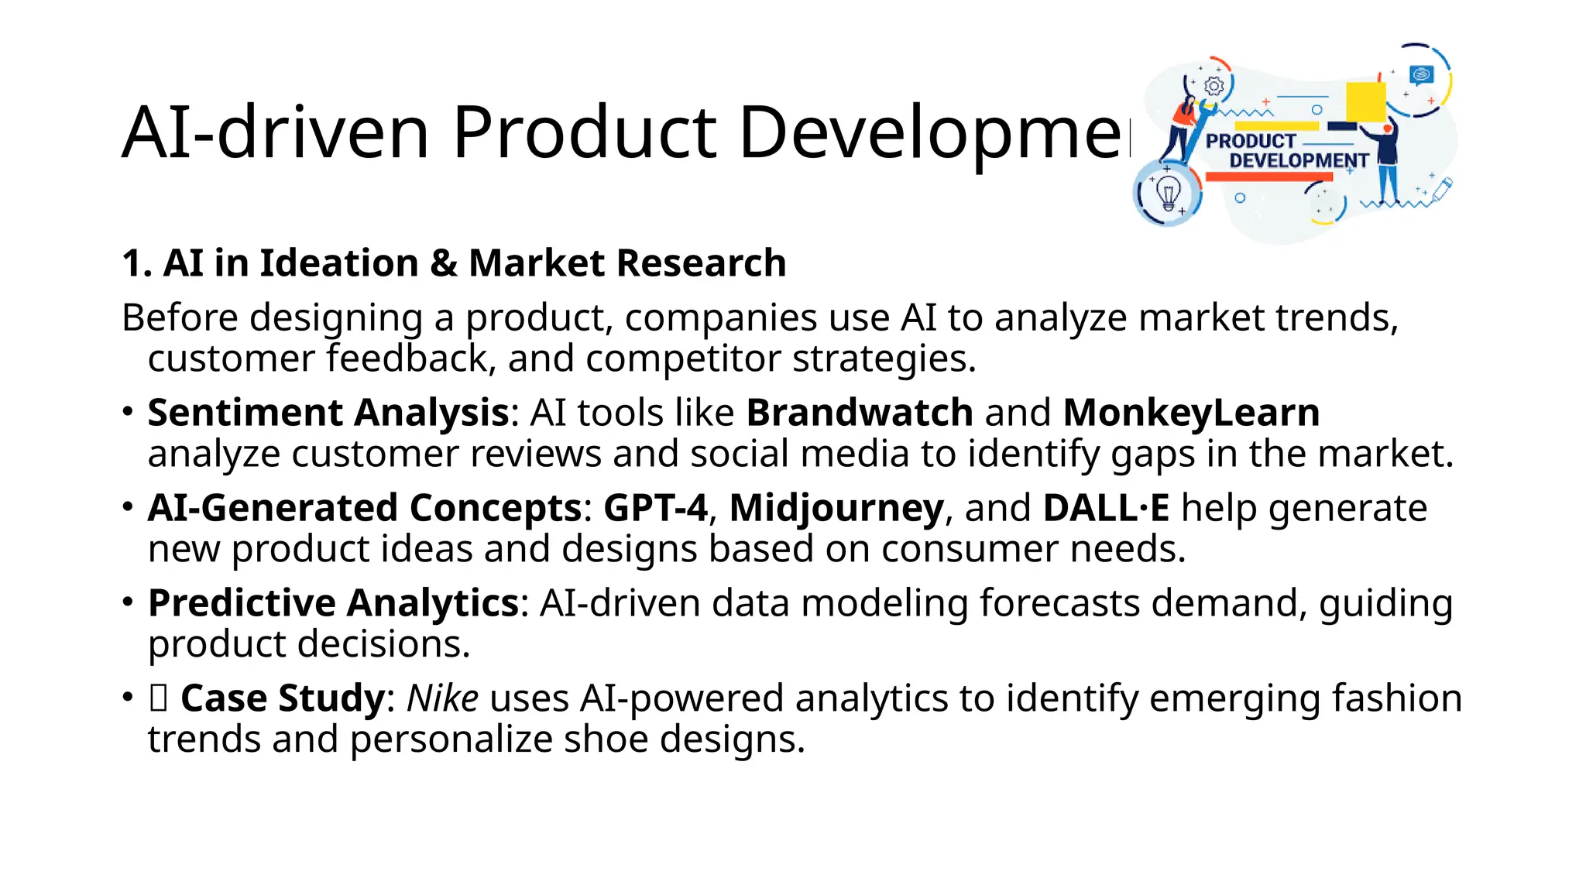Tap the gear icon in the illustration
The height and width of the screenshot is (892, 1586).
[x=1214, y=86]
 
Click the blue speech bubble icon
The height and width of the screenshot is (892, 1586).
[x=1422, y=74]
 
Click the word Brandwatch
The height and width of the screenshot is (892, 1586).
[x=859, y=412]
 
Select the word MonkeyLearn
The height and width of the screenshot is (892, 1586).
[x=1191, y=412]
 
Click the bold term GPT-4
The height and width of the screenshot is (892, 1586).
[x=655, y=508]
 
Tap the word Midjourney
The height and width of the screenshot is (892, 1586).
[x=836, y=508]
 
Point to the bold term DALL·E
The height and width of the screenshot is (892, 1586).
[x=1106, y=508]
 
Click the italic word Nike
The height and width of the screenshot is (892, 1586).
[x=442, y=698]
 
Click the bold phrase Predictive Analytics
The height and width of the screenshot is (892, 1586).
[x=333, y=602]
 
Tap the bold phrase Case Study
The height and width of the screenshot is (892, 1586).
[x=282, y=698]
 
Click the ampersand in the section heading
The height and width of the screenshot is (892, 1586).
[x=443, y=262]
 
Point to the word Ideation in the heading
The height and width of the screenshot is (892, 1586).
[x=338, y=262]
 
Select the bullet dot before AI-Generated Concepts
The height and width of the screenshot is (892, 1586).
[x=128, y=506]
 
